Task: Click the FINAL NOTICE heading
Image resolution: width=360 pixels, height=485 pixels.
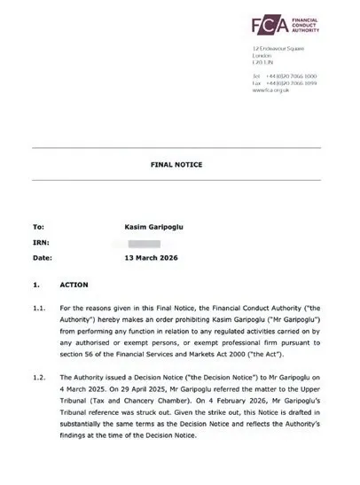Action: tap(180, 165)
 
